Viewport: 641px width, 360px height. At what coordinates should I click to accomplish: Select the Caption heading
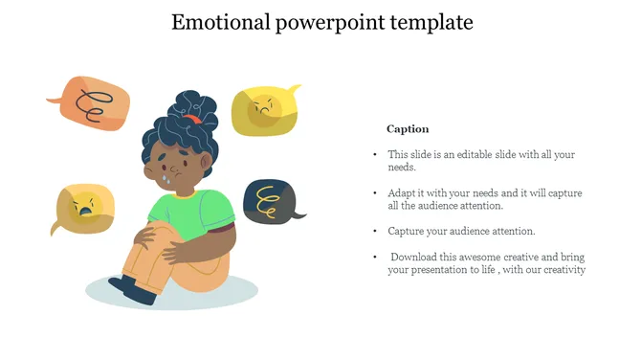point(408,128)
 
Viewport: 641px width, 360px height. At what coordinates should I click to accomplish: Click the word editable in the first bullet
point(480,154)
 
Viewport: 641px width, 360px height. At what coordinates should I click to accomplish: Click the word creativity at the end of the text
point(561,270)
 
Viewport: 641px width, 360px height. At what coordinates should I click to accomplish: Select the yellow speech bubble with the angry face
point(267,108)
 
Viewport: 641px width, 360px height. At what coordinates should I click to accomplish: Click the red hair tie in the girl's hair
point(193,119)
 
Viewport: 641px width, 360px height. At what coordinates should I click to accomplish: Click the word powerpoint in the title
point(329,22)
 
